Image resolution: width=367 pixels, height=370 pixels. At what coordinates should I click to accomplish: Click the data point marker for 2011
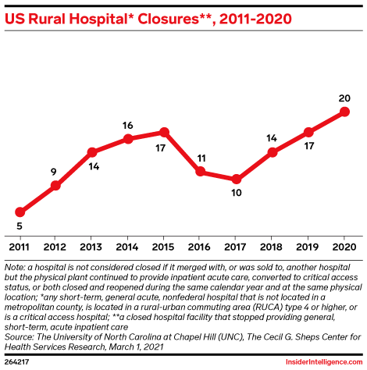click(20, 212)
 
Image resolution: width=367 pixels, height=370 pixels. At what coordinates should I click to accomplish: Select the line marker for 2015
click(164, 132)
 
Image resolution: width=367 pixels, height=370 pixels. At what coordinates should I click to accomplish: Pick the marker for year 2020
click(344, 112)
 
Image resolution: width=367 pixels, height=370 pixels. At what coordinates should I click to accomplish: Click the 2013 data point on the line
click(92, 151)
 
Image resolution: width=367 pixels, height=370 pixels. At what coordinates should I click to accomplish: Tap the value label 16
click(128, 125)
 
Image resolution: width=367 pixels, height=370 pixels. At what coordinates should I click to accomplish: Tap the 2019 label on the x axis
click(308, 247)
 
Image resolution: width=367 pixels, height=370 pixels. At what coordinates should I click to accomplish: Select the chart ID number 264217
click(17, 362)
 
